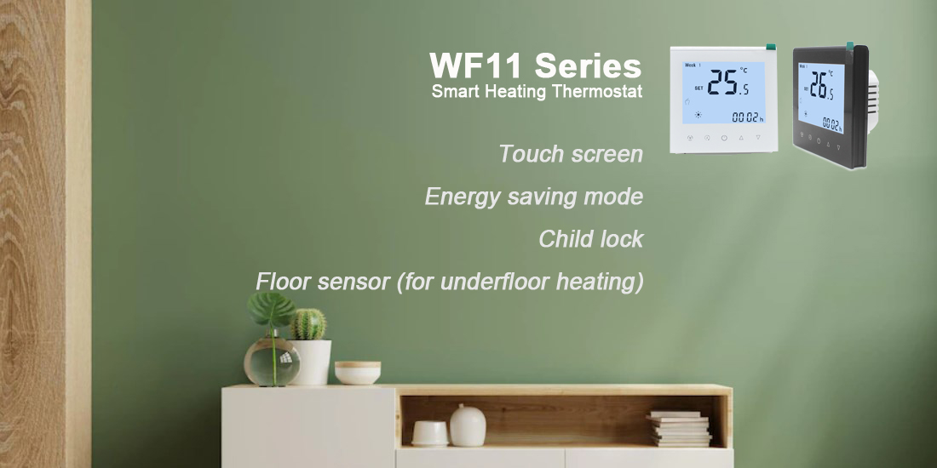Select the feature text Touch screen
click(571, 154)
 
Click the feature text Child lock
click(591, 239)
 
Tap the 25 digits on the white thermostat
click(721, 83)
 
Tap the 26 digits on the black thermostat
click(817, 85)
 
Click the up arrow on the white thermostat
click(741, 138)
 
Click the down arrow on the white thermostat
click(758, 137)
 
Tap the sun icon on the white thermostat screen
click(698, 115)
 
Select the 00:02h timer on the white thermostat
click(748, 117)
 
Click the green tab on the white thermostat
click(771, 47)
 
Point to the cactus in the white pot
click(308, 324)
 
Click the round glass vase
click(272, 362)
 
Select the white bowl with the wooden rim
click(358, 373)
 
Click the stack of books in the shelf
click(680, 429)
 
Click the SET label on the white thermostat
click(698, 88)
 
